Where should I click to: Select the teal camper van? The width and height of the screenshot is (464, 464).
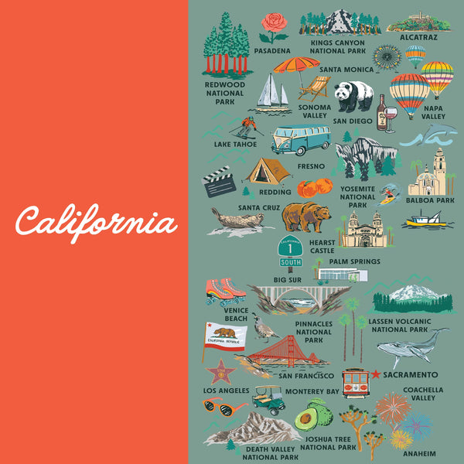300,139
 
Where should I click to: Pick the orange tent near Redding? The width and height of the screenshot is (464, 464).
268,170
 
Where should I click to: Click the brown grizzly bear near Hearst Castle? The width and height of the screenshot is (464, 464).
306,217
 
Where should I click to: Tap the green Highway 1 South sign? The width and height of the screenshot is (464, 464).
289,250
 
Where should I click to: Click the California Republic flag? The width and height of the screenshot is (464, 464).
224,336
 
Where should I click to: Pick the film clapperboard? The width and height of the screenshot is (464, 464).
219,182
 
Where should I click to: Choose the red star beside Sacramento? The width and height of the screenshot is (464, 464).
376,374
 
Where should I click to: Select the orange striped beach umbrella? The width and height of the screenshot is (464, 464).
295,67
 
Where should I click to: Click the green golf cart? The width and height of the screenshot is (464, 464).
268,400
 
